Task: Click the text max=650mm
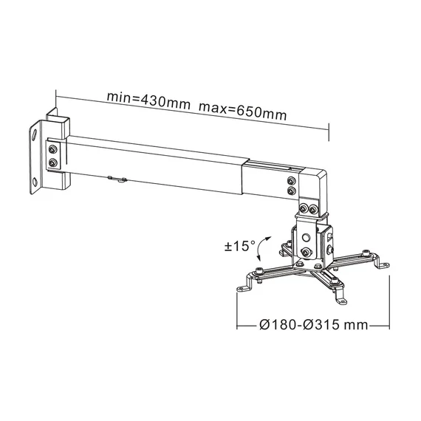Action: [243, 112]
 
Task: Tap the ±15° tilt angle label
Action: [240, 246]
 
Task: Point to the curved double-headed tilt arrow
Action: [261, 248]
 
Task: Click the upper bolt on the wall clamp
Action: [53, 149]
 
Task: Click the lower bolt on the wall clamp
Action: [53, 162]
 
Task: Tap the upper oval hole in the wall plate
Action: [35, 134]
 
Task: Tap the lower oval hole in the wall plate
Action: [35, 182]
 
